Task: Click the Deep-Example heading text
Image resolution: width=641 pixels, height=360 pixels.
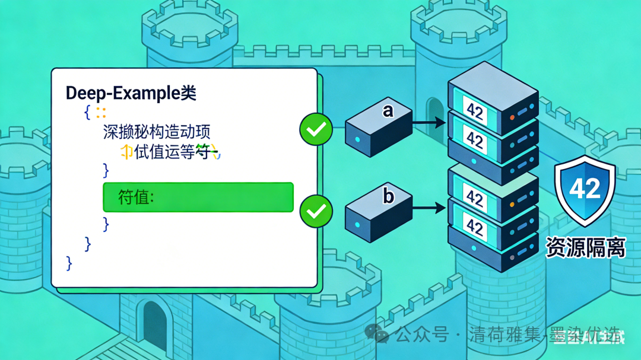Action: [131, 93]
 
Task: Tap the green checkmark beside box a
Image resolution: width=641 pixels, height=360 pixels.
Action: [316, 129]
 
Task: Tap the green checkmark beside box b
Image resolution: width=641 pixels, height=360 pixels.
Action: [316, 211]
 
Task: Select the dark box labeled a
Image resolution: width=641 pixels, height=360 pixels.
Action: [378, 128]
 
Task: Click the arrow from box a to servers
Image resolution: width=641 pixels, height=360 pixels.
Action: [429, 123]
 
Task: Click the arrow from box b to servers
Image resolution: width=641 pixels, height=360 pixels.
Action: [429, 208]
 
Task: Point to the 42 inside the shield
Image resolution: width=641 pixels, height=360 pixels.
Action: [585, 188]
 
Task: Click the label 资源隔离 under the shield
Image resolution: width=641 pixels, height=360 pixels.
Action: [585, 247]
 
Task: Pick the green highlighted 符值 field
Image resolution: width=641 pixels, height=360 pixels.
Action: [198, 197]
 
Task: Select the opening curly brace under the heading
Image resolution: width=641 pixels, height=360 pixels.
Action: [87, 111]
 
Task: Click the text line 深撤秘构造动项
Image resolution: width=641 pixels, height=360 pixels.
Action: [157, 132]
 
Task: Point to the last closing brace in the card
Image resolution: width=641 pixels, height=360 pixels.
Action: [69, 262]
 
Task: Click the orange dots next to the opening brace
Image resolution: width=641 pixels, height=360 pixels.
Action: [101, 112]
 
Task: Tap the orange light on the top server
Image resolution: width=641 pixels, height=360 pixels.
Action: [513, 117]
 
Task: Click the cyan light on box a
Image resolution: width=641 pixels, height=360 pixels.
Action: [357, 140]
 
